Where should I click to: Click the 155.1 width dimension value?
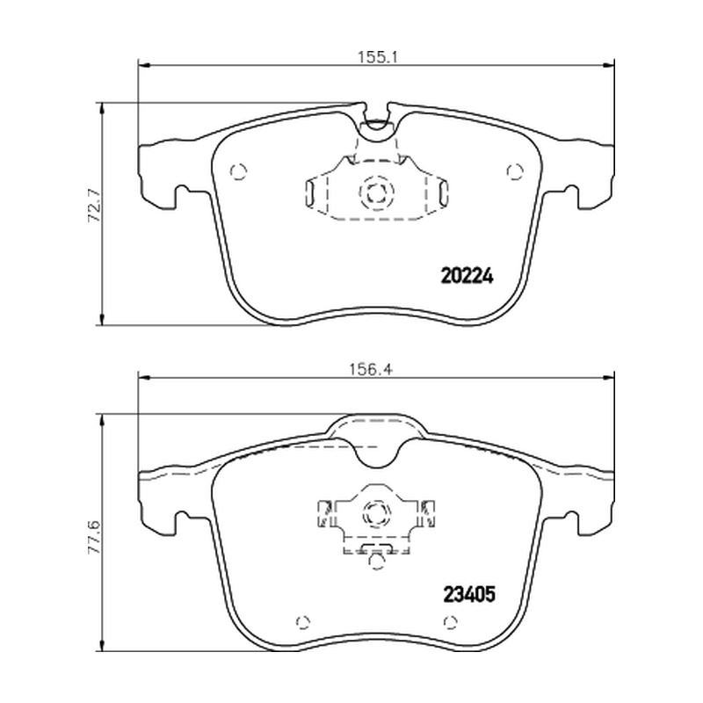pyautogui.click(x=378, y=57)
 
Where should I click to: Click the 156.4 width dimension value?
pyautogui.click(x=371, y=369)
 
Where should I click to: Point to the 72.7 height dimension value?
pyautogui.click(x=95, y=206)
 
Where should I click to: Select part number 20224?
pyautogui.click(x=467, y=276)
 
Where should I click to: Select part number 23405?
pyautogui.click(x=469, y=595)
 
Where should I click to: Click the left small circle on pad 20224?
pyautogui.click(x=238, y=171)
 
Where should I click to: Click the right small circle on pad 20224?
pyautogui.click(x=515, y=171)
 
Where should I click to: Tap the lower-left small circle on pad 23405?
pyautogui.click(x=303, y=622)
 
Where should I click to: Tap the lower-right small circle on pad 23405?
pyautogui.click(x=451, y=622)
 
